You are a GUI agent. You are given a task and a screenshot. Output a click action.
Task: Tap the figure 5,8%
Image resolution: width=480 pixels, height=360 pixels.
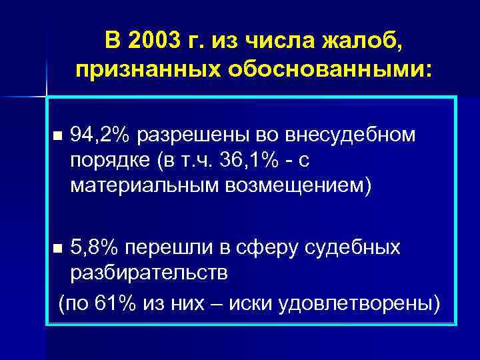pyautogui.click(x=95, y=248)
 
